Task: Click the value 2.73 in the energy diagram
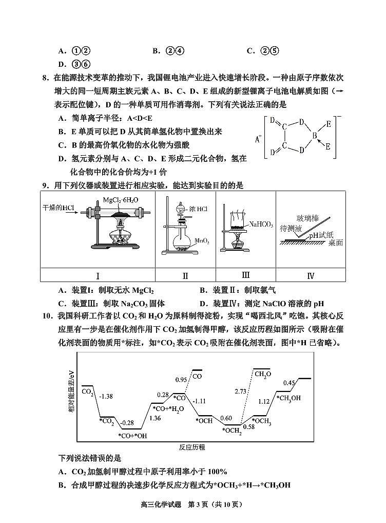(x=241, y=391)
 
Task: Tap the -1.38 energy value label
(x=106, y=396)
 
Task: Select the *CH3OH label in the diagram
(x=288, y=398)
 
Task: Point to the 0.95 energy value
(x=181, y=379)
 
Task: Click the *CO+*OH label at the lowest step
(x=132, y=436)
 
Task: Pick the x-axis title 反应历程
(x=192, y=447)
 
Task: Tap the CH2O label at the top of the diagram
(x=263, y=373)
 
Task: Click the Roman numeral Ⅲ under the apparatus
(x=246, y=275)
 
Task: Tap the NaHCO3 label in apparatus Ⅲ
(x=261, y=224)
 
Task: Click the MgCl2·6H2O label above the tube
(x=121, y=199)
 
